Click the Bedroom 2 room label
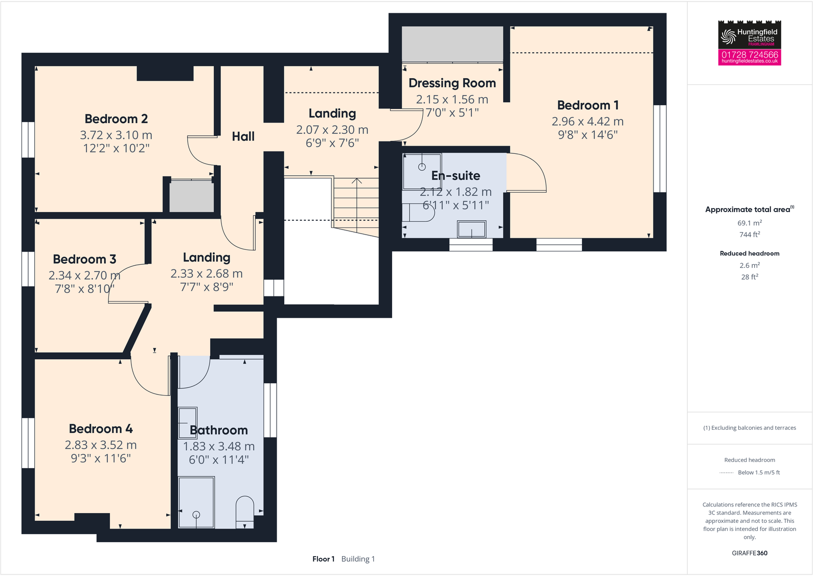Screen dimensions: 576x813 [116, 119]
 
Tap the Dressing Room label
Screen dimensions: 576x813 [452, 83]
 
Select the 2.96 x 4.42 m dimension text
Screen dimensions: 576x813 [588, 122]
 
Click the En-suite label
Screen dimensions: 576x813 [456, 176]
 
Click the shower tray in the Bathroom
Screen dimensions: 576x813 [196, 502]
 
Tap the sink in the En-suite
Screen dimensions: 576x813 [471, 229]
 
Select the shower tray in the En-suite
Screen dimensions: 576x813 [422, 171]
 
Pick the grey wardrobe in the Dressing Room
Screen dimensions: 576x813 [453, 44]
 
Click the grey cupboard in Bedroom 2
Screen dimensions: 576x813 [192, 196]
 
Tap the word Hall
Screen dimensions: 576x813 [243, 136]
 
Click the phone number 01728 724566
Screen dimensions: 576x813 [750, 55]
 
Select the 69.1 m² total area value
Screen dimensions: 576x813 [750, 223]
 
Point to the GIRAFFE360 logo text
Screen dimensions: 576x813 [750, 553]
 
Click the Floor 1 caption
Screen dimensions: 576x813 [323, 559]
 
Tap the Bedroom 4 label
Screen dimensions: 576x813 [101, 429]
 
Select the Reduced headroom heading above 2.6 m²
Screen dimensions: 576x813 [750, 254]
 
